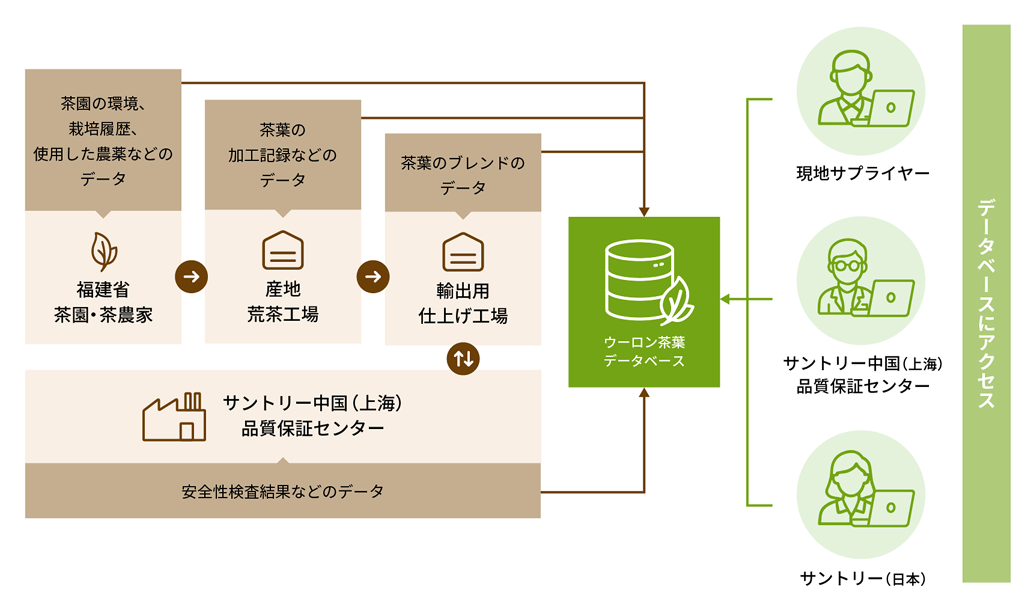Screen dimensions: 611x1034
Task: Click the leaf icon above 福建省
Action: pyautogui.click(x=103, y=251)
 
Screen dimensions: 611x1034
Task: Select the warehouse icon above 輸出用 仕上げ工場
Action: pyautogui.click(x=463, y=252)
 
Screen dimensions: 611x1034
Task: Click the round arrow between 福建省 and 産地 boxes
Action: pyautogui.click(x=191, y=277)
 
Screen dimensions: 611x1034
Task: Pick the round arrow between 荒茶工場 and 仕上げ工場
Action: pyautogui.click(x=373, y=277)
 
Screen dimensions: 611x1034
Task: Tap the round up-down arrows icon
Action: pyautogui.click(x=463, y=359)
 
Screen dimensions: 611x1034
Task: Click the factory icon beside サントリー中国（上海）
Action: pyautogui.click(x=174, y=417)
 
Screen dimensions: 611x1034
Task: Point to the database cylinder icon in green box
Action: pyautogui.click(x=640, y=280)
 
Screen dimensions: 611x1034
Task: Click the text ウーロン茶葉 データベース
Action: pyautogui.click(x=644, y=352)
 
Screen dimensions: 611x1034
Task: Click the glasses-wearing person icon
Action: pyautogui.click(x=861, y=279)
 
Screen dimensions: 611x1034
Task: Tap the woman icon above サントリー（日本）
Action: pyautogui.click(x=861, y=493)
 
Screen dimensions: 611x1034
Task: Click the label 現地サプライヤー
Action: pyautogui.click(x=862, y=174)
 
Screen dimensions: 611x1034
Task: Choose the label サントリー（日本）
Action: pyautogui.click(x=862, y=579)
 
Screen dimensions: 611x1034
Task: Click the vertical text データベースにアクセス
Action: pyautogui.click(x=986, y=303)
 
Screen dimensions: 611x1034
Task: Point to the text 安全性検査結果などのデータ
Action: pyautogui.click(x=283, y=492)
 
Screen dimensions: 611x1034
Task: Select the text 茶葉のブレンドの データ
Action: pyautogui.click(x=463, y=175)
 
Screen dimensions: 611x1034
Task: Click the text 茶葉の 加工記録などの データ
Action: pyautogui.click(x=283, y=155)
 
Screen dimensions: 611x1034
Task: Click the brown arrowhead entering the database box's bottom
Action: pyautogui.click(x=644, y=393)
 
